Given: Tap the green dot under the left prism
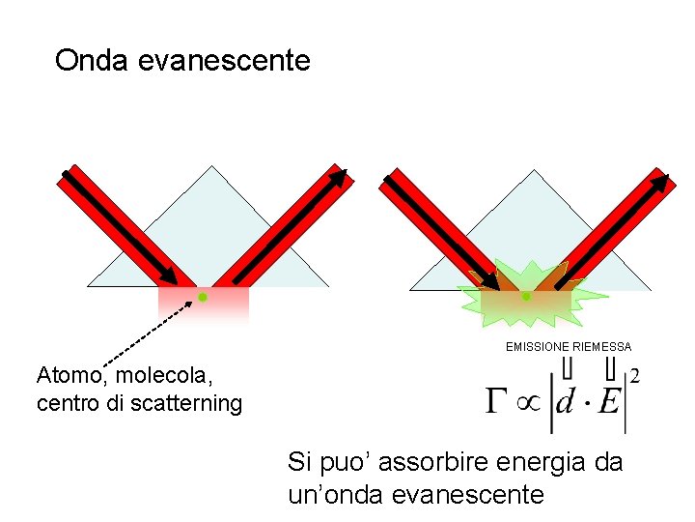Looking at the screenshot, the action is (x=203, y=298).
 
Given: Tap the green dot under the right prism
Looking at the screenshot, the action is (x=526, y=297).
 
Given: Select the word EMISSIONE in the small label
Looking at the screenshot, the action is (x=538, y=346).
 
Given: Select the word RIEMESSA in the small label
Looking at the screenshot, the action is (x=601, y=346).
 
